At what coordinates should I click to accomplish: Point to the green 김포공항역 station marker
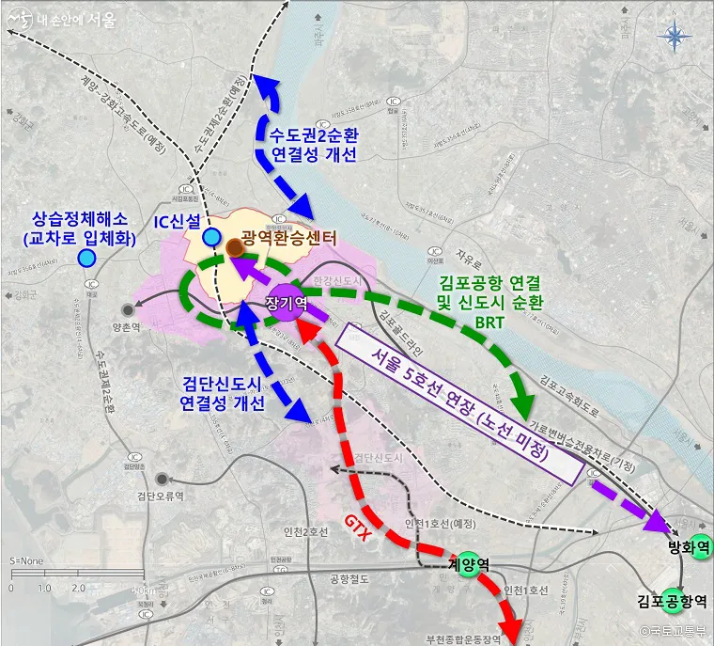coord(672,599)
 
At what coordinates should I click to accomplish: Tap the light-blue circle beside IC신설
coord(211,236)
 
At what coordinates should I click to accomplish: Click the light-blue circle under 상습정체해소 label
coord(86,258)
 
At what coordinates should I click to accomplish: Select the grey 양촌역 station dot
coord(127,309)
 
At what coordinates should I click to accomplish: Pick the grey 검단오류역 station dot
coord(163,480)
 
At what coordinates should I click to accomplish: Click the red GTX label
coord(355,528)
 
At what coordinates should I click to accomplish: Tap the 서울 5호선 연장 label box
coord(457,403)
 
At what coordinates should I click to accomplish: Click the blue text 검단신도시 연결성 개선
coord(223,393)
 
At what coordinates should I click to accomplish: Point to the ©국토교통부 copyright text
coord(672,632)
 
